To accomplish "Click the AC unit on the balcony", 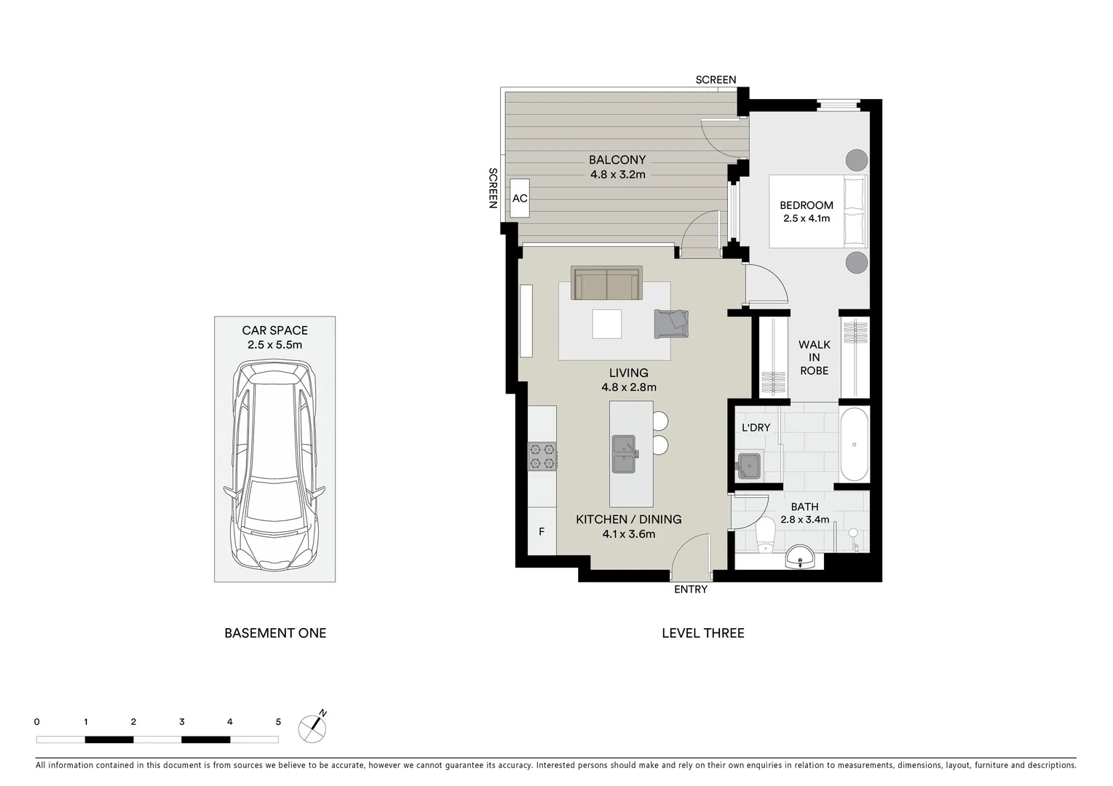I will pyautogui.click(x=520, y=198).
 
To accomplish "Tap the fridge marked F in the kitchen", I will pyautogui.click(x=542, y=532).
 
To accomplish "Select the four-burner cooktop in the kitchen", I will pyautogui.click(x=542, y=456).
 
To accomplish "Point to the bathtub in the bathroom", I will pyautogui.click(x=855, y=444).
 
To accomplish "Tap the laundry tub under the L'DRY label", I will pyautogui.click(x=748, y=464).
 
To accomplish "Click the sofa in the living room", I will pyautogui.click(x=606, y=284).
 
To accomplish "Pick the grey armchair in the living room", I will pyautogui.click(x=671, y=323).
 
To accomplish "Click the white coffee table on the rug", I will pyautogui.click(x=606, y=324).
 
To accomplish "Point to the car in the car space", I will pyautogui.click(x=274, y=466).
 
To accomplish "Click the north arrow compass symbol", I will pyautogui.click(x=313, y=727).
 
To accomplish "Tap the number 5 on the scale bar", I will pyautogui.click(x=278, y=722).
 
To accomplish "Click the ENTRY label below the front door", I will pyautogui.click(x=690, y=589).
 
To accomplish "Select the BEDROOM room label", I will pyautogui.click(x=807, y=205).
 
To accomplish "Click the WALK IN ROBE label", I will pyautogui.click(x=814, y=357).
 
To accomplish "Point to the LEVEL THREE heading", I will pyautogui.click(x=702, y=633).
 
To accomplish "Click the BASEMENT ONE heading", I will pyautogui.click(x=275, y=633).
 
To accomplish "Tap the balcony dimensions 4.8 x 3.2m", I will pyautogui.click(x=617, y=175).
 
